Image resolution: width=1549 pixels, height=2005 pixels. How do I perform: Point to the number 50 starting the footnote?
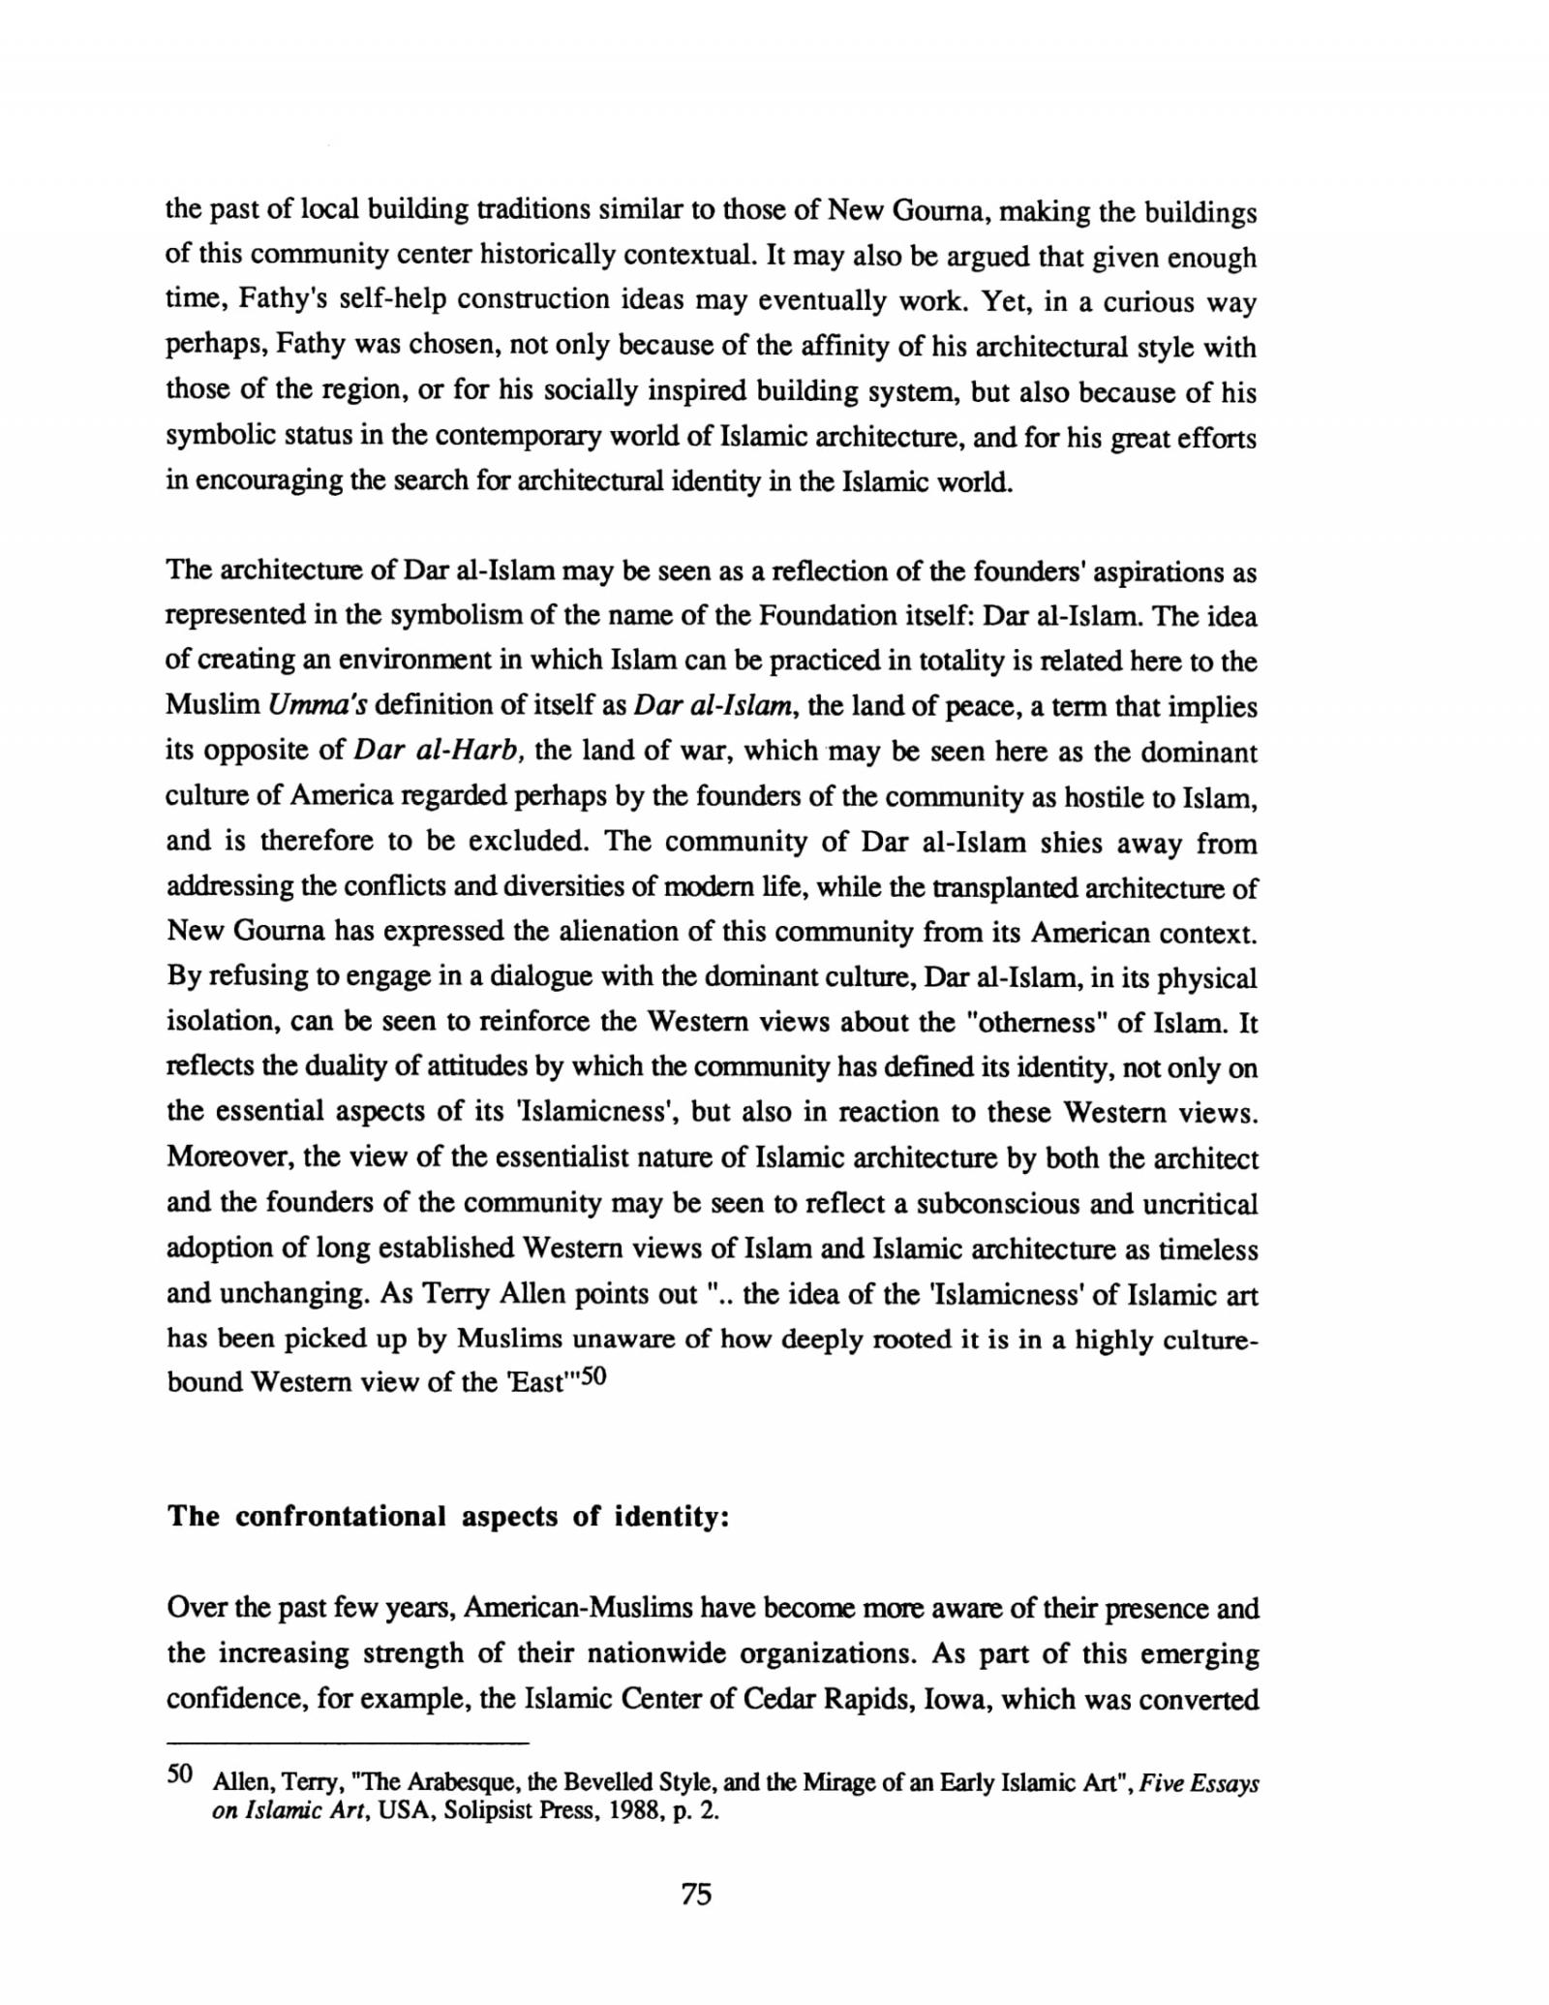(x=181, y=1774)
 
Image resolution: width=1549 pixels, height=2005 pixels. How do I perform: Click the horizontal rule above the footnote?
(x=348, y=1743)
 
